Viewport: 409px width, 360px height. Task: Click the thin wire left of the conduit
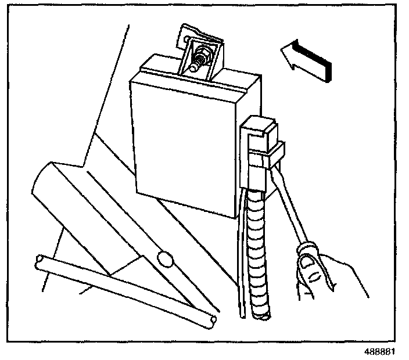point(240,261)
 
